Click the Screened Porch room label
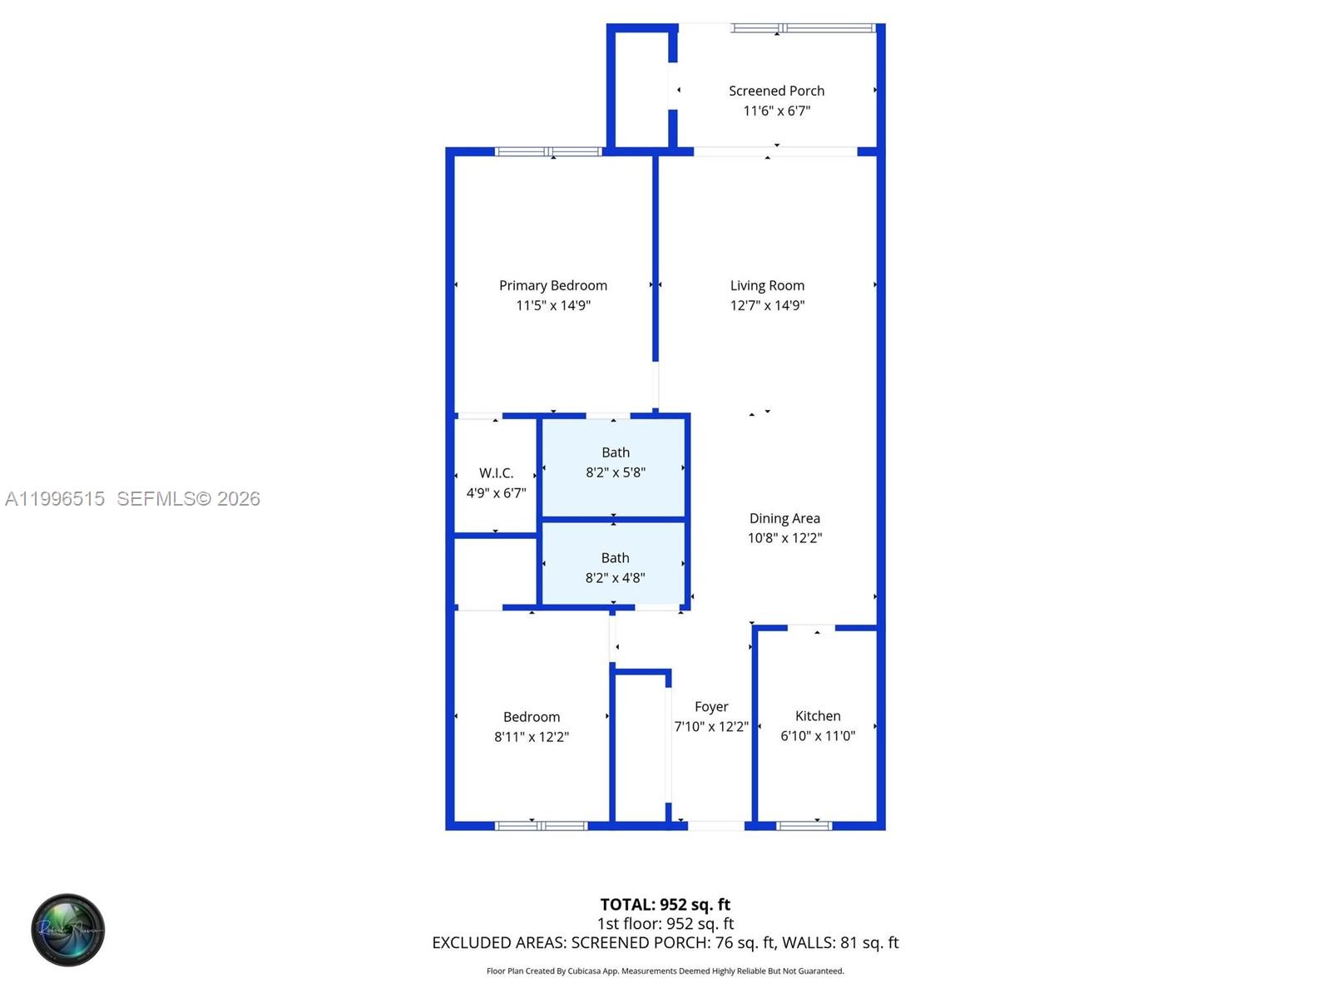pos(776,91)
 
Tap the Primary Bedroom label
pos(553,285)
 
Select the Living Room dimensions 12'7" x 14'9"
pos(767,305)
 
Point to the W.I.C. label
pos(496,473)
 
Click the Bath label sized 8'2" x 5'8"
pos(616,452)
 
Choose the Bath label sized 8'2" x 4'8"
pos(616,558)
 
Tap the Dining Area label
pos(784,518)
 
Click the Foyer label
pos(711,707)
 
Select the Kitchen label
pos(818,716)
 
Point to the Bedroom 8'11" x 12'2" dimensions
pos(532,737)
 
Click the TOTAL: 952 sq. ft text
pos(665,904)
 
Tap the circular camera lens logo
pos(68,930)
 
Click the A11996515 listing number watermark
pos(55,499)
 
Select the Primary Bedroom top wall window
pos(548,152)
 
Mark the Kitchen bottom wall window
pos(804,826)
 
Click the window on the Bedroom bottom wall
pos(541,826)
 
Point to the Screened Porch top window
pos(803,28)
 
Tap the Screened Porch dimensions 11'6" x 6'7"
pos(776,111)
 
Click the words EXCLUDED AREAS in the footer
pos(498,942)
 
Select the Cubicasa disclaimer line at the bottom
pos(665,971)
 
